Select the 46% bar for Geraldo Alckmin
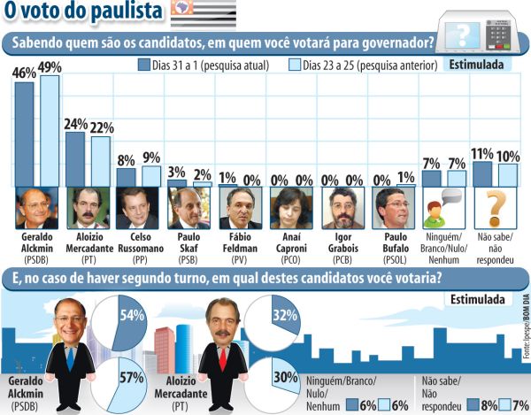24,133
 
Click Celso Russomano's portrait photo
138,209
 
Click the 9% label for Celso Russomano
151,158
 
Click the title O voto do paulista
85,12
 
